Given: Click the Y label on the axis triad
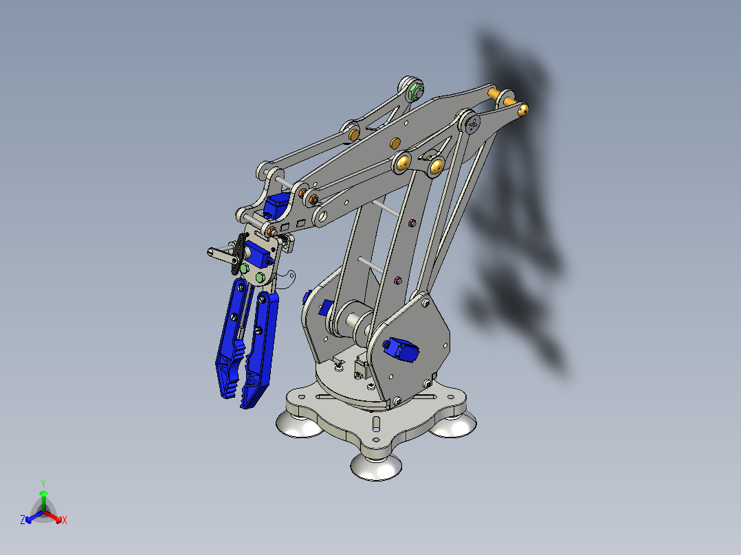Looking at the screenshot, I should (x=43, y=482).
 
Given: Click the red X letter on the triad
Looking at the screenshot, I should (x=64, y=521).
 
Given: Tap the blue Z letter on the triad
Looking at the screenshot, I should (x=23, y=521).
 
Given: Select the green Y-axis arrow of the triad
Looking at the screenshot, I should (x=43, y=497).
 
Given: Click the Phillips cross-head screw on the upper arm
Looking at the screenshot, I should (x=473, y=124).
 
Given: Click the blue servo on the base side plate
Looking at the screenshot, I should (x=399, y=349).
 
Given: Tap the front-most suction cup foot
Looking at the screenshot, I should (x=376, y=466).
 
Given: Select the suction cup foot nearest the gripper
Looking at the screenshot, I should (x=298, y=424).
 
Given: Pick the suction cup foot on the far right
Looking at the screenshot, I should (x=452, y=426).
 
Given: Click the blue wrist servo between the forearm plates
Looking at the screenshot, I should (x=278, y=205).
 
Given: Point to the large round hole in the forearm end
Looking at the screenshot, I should (x=321, y=218).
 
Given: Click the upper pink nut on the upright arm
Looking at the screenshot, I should (x=410, y=222).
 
